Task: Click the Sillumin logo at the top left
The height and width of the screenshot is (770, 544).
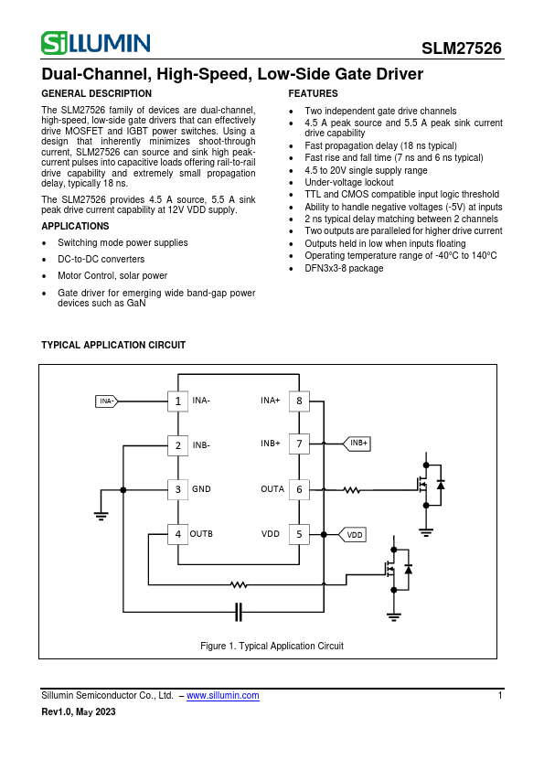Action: click(x=96, y=43)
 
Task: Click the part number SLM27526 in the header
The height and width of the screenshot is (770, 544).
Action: click(x=461, y=49)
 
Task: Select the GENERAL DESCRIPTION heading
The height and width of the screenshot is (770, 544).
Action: click(x=97, y=94)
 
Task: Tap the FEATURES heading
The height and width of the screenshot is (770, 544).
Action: click(x=313, y=94)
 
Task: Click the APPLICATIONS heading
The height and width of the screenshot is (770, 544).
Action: click(x=75, y=227)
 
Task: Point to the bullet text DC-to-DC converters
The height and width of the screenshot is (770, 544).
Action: click(x=101, y=260)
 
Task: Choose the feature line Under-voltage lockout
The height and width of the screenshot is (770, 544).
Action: click(x=348, y=183)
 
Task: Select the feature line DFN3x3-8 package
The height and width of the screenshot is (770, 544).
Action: click(x=344, y=269)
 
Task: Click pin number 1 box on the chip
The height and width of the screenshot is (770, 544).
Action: click(x=177, y=401)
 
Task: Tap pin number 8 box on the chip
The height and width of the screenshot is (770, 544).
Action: click(x=298, y=401)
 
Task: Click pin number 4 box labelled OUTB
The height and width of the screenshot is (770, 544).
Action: click(x=177, y=533)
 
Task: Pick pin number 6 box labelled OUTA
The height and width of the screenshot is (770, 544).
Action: click(x=298, y=489)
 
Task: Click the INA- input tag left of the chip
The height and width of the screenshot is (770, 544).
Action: click(x=107, y=401)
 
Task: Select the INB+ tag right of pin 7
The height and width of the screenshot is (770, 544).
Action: click(x=357, y=444)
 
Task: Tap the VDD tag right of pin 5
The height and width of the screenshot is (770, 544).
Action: click(x=354, y=534)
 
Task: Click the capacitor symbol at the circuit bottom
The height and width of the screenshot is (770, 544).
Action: click(x=239, y=611)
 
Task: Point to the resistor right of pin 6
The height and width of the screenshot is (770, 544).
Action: click(x=352, y=489)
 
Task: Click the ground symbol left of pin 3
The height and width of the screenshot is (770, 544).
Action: click(x=101, y=515)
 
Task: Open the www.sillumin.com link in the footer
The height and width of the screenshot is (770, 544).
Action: click(x=222, y=696)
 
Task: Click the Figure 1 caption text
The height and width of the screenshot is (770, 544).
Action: click(x=272, y=646)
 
